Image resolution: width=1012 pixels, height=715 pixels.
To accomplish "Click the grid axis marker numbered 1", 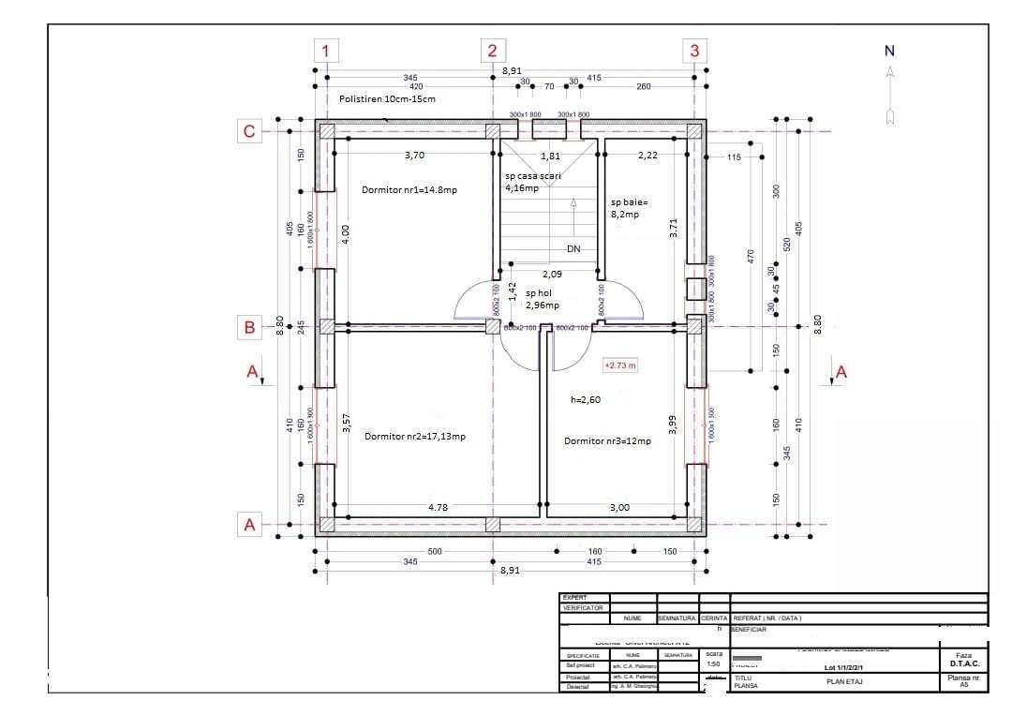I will pos(325,51).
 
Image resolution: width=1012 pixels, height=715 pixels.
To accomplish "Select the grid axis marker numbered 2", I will pos(494,51).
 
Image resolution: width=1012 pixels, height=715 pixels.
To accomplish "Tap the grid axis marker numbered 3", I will pos(694,51).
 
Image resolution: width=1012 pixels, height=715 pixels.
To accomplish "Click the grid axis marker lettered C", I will pos(249,131).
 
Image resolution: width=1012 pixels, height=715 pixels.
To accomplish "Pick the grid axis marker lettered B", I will pos(249,327).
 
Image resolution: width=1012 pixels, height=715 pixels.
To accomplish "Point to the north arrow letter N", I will pos(890,52).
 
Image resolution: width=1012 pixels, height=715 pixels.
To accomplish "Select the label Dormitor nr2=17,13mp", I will pos(415,436).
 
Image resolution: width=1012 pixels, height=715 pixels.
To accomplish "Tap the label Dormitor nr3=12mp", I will pos(607,440).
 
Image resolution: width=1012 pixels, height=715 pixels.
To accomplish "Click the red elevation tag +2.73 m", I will pos(619,365).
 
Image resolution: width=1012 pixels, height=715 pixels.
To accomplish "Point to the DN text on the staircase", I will pos(574,249).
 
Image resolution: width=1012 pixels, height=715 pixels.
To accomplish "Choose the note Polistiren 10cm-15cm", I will pos(386,98).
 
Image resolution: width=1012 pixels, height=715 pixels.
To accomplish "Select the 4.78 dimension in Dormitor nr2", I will pos(438,507).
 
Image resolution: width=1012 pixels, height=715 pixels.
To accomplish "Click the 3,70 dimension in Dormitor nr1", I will pos(414,155).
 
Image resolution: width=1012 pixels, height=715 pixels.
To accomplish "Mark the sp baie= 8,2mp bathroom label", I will pos(629,207).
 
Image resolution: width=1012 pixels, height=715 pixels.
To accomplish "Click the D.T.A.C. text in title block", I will pos(963,664).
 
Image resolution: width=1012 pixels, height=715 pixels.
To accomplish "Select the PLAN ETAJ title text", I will pos(843,681).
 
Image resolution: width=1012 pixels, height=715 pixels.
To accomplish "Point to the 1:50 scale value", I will pos(714,664).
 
